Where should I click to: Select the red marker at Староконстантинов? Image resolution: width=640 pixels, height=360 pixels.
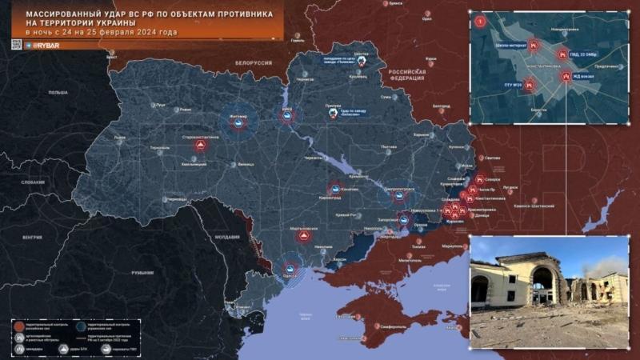point(201,146)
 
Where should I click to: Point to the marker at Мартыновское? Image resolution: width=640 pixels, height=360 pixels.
point(303,236)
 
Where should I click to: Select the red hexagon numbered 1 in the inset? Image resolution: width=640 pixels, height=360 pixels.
point(480,20)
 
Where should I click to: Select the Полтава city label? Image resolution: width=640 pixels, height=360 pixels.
point(389,147)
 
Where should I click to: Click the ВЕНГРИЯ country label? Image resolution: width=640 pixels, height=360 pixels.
point(32,238)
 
